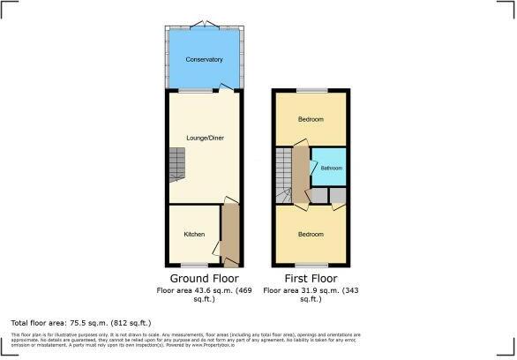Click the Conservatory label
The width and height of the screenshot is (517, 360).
[x=204, y=59]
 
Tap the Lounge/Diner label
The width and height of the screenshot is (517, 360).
[x=204, y=137]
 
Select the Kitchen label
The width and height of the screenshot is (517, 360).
[x=194, y=235]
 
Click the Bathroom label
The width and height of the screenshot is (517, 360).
[x=331, y=168]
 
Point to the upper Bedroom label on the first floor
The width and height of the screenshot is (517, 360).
[x=310, y=119]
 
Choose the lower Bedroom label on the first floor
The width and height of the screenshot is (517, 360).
[x=310, y=235]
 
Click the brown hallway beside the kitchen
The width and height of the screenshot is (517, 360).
[x=230, y=234]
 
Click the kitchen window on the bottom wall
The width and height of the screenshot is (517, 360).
[x=193, y=265]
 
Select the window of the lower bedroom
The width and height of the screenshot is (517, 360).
[x=311, y=265]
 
